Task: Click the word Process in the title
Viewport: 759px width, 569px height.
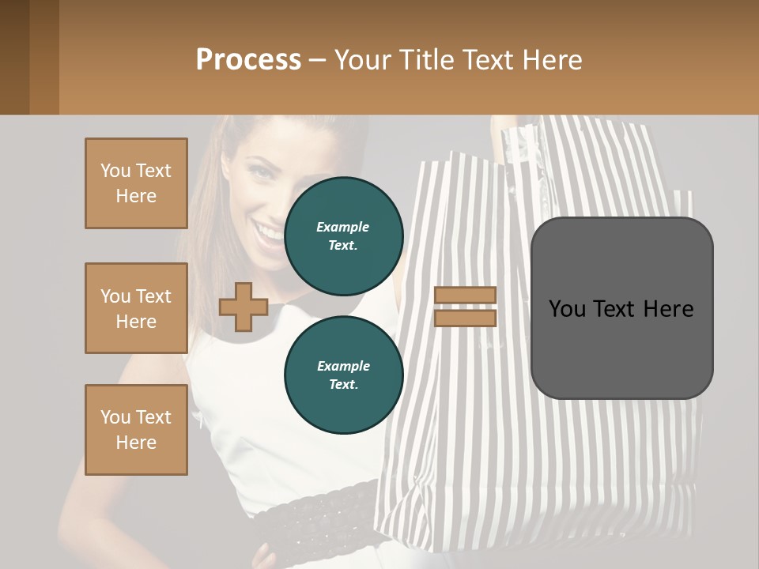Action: point(248,59)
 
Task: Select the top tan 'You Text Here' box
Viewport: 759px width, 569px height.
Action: point(136,183)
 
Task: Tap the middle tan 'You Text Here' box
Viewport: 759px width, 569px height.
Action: point(136,308)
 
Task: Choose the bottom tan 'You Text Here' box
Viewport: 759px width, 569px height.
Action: point(136,430)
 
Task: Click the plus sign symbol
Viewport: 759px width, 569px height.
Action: point(244,307)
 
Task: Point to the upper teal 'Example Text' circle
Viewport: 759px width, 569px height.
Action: point(343,236)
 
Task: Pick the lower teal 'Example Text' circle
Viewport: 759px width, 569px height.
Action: point(343,375)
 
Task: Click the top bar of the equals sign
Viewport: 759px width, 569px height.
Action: point(466,296)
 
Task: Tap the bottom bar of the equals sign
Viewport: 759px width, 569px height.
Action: point(466,318)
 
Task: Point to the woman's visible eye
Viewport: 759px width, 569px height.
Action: point(261,171)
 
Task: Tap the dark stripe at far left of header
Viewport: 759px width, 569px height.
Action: point(14,57)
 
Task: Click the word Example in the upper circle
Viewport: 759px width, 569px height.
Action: point(343,227)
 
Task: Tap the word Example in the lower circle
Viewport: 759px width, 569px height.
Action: point(343,366)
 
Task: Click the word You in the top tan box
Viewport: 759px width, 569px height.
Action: point(115,171)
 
